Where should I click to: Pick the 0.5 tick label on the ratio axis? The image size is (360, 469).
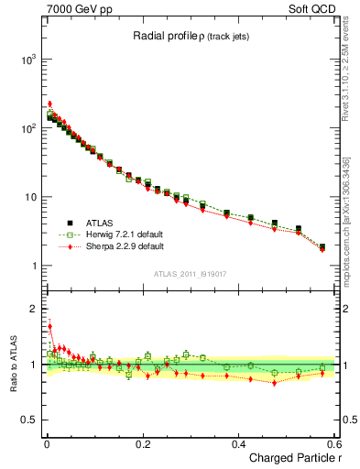pos(29,420)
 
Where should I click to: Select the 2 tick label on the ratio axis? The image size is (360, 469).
pos(35,309)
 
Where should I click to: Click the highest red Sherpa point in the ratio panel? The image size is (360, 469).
pos(49,326)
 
